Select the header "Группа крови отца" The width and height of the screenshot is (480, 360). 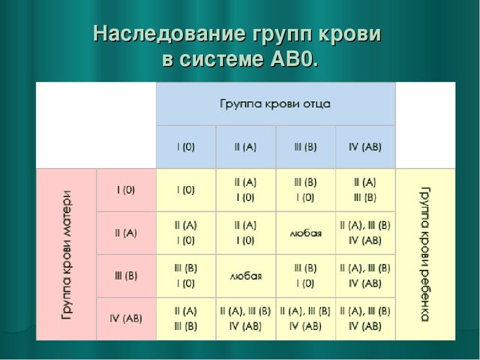[x=274, y=102]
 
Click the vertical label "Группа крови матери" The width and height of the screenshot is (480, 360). [x=67, y=254]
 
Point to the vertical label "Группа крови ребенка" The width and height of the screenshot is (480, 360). [x=425, y=254]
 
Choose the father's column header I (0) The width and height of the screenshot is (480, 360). [x=186, y=147]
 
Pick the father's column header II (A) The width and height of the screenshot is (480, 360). [x=245, y=147]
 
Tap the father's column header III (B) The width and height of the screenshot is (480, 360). [x=305, y=147]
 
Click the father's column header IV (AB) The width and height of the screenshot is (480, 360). [x=365, y=147]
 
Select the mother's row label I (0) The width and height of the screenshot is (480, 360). [x=126, y=190]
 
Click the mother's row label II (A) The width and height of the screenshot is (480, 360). [x=126, y=232]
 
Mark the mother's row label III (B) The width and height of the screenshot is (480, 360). [x=126, y=275]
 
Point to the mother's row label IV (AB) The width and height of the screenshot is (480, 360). [x=126, y=318]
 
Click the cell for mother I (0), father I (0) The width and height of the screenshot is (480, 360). [x=186, y=190]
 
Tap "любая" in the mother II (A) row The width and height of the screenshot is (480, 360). [x=305, y=233]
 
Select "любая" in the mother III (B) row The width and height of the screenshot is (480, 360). [x=245, y=276]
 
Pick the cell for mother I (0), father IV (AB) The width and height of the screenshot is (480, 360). [x=365, y=190]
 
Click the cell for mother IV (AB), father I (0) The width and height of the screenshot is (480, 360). [x=186, y=318]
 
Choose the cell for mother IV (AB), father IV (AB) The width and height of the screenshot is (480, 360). [x=365, y=318]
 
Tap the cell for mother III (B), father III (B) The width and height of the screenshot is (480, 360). [x=305, y=275]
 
